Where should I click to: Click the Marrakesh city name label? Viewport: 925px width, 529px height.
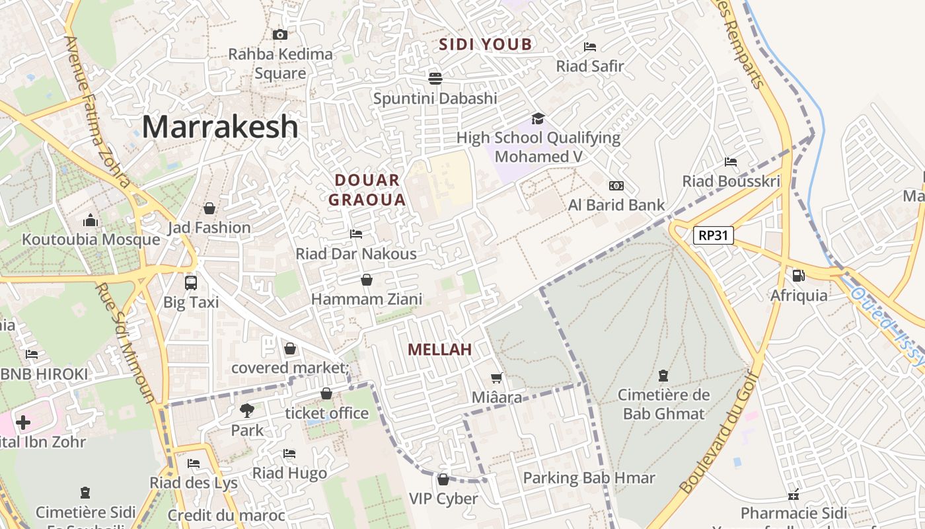coord(220,126)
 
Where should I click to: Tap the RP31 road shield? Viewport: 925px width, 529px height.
coord(714,235)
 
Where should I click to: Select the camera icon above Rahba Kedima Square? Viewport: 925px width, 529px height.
coord(280,34)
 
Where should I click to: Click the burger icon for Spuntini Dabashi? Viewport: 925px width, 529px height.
coord(435,79)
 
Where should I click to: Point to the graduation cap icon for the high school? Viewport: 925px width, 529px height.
coord(538,118)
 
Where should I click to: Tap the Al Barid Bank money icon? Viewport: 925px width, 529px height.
coord(616,186)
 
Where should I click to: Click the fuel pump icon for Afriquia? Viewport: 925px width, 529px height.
coord(798,275)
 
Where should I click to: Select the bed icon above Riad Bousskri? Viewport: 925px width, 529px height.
coord(731,161)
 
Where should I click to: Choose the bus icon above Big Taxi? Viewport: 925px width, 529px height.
coord(191,282)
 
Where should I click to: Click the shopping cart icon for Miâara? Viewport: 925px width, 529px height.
coord(496,378)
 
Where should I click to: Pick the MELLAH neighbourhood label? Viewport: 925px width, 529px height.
coord(440,350)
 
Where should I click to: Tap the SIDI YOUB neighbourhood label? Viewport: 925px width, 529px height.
coord(486,44)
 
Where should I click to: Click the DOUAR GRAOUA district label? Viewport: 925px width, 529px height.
coord(367,190)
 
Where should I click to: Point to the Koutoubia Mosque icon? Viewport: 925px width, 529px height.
coord(91,220)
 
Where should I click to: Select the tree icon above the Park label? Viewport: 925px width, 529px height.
coord(246,411)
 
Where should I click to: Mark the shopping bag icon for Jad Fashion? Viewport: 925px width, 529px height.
coord(209,208)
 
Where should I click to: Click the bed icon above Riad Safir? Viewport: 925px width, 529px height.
coord(590,46)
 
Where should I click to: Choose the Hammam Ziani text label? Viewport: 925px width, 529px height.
coord(367,300)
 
